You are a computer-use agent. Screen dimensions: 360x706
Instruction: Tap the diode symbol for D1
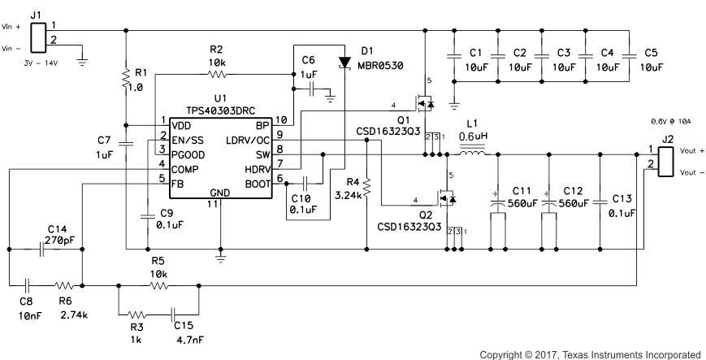(x=344, y=60)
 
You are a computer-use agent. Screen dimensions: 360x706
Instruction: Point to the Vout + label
(x=691, y=151)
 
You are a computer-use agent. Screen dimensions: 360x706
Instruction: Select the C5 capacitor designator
(x=651, y=53)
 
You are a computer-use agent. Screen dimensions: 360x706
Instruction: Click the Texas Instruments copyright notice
(x=589, y=354)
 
